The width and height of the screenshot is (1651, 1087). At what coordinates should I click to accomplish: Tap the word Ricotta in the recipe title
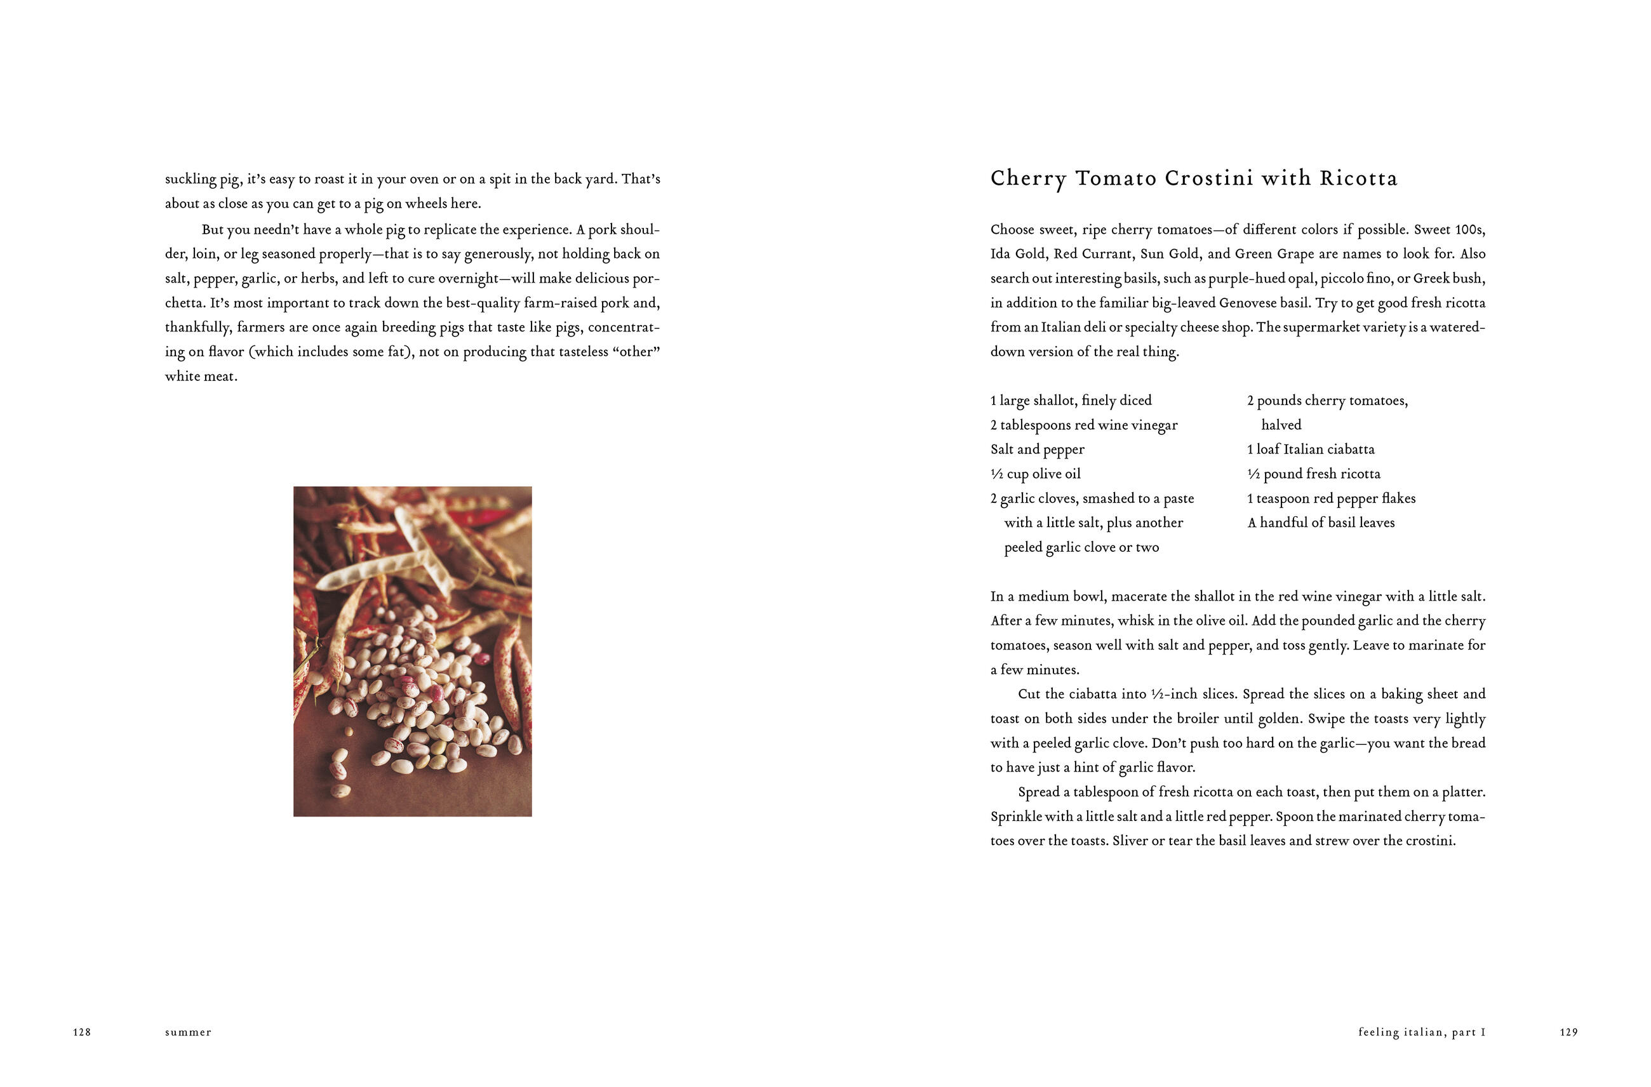click(x=1358, y=178)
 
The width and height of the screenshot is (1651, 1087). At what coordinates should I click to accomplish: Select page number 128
click(x=82, y=1032)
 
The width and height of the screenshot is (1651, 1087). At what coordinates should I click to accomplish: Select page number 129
click(x=1569, y=1032)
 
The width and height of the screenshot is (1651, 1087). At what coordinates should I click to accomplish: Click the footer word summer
click(x=188, y=1032)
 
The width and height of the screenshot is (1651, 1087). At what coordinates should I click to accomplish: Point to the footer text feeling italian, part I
click(x=1421, y=1032)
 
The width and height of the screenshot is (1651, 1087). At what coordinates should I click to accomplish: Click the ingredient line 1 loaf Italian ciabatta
click(x=1311, y=450)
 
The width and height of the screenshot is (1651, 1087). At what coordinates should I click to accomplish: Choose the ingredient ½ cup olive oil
click(x=1035, y=474)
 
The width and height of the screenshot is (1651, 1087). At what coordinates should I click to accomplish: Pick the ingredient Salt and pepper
click(x=1037, y=450)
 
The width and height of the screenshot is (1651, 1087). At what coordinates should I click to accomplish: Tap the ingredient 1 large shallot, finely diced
click(x=1071, y=400)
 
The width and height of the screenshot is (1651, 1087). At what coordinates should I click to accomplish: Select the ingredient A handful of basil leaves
click(x=1321, y=523)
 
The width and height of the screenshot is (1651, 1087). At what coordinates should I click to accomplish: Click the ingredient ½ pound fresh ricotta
click(x=1313, y=474)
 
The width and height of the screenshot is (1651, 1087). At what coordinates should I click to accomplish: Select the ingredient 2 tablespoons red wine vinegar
click(x=1083, y=425)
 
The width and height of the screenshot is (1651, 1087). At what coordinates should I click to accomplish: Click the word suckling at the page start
click(x=190, y=179)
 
